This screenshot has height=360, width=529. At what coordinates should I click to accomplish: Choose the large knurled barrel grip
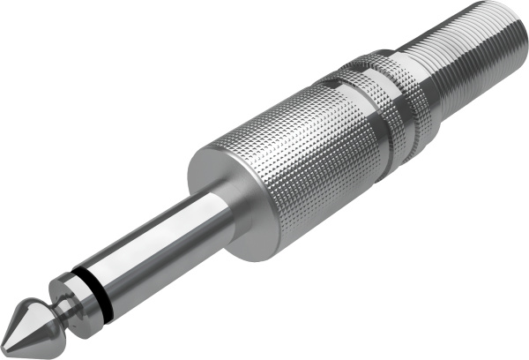click(300, 150)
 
